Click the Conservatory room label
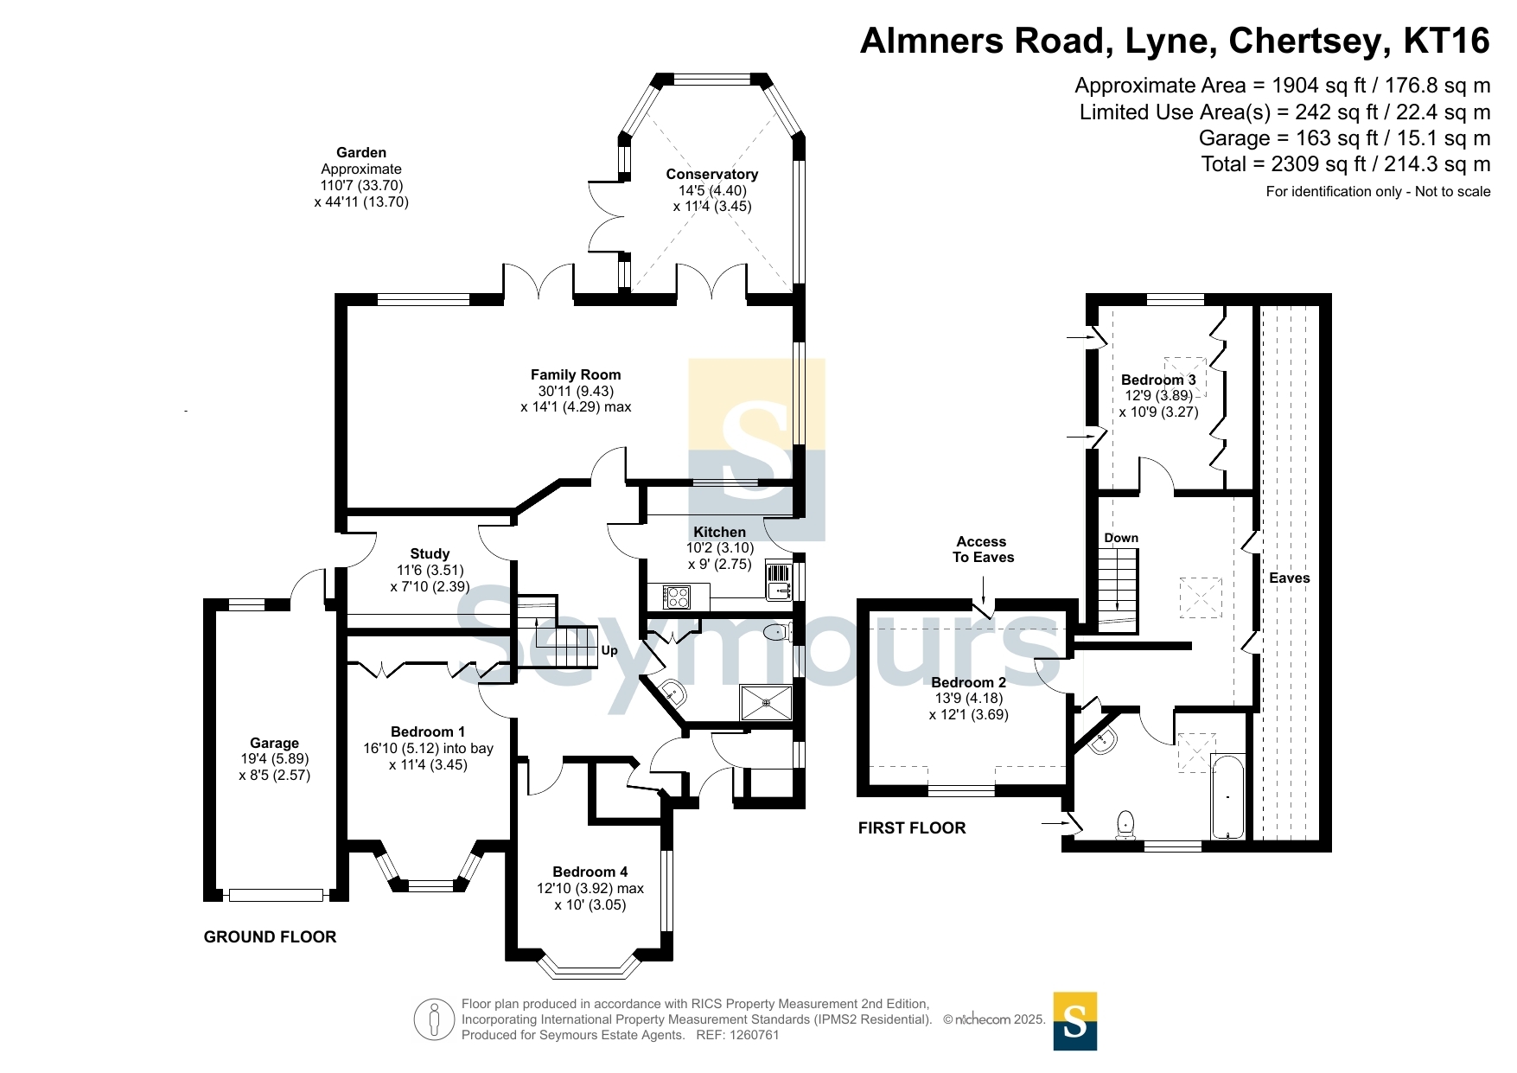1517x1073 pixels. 711,174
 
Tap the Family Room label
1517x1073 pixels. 576,374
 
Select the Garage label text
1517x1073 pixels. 274,743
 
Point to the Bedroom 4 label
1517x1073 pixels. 590,872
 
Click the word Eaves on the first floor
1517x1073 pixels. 1290,578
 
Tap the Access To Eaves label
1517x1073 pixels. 983,549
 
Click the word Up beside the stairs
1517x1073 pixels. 609,650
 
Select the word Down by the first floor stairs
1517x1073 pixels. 1121,538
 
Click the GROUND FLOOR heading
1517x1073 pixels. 270,936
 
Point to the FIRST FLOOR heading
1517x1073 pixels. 912,827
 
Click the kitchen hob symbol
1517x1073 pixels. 676,597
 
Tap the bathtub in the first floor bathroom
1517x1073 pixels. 1227,796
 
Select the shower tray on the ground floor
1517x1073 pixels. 766,703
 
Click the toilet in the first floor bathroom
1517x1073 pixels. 1125,826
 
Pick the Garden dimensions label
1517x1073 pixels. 361,177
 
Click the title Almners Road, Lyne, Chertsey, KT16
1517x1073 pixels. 1175,41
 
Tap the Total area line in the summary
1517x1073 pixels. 1346,164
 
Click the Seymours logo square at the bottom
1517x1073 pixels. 1075,1021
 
